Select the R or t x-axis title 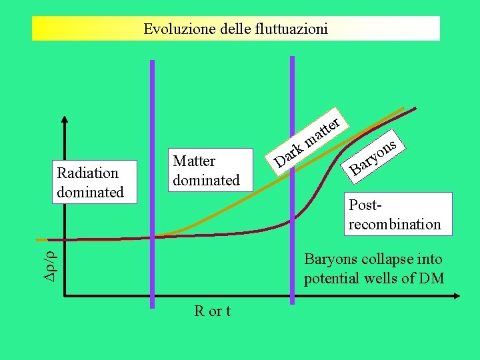point(212,311)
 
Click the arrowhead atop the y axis point(65,121)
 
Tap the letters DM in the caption point(431,278)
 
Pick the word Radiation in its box point(88,173)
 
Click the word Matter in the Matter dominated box point(194,161)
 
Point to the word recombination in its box point(395,224)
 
